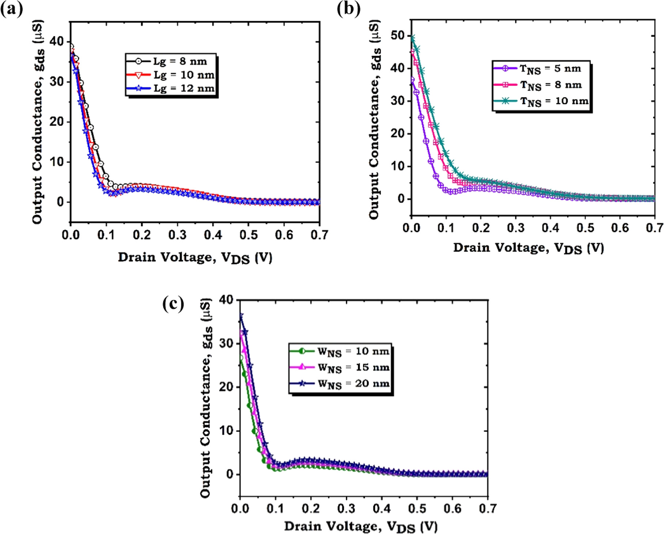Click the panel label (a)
(x=12, y=9)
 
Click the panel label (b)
(x=348, y=9)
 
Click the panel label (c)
(x=173, y=304)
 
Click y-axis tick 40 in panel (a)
(x=57, y=42)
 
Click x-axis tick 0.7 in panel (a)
(x=319, y=235)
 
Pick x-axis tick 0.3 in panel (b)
(x=515, y=228)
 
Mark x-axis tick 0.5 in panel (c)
(x=417, y=508)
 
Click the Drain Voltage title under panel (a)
(x=195, y=258)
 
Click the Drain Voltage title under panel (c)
(x=361, y=526)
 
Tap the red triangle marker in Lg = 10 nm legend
(x=139, y=75)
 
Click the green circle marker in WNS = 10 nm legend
(x=302, y=351)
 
